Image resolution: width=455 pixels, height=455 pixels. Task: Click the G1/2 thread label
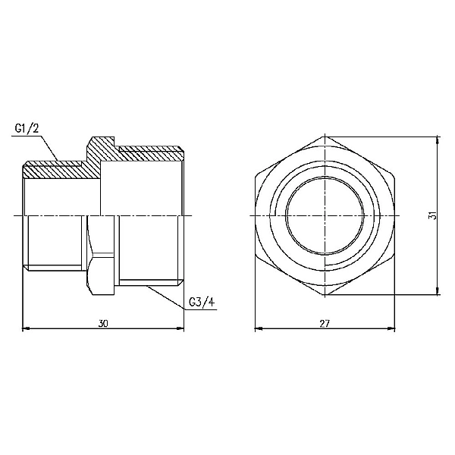(x=27, y=127)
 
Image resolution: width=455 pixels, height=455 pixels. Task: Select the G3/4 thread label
(x=202, y=303)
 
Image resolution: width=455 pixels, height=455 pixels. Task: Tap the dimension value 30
(x=104, y=323)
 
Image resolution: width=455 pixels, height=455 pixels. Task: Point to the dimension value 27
(x=324, y=323)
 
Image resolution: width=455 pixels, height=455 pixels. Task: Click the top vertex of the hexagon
(x=324, y=137)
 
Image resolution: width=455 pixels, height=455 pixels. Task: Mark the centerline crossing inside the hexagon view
(x=324, y=217)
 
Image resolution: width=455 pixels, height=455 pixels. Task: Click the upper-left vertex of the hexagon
(x=256, y=177)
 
